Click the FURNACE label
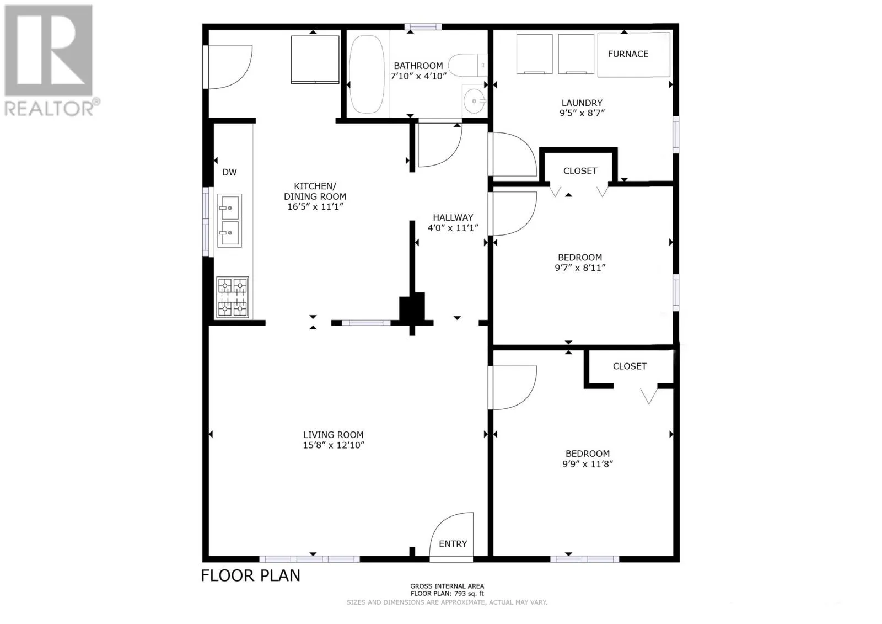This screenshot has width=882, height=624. coord(628,54)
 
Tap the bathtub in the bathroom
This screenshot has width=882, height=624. coord(367,74)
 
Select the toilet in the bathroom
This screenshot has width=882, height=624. coord(468,65)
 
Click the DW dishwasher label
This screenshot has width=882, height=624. coord(229,172)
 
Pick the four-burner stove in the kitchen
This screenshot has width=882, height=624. coord(232,297)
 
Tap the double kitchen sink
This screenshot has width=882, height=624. coord(229,220)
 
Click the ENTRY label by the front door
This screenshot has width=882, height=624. coord(453,544)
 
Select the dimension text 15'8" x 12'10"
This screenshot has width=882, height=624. coord(334,445)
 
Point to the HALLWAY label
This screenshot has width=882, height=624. coord(453,217)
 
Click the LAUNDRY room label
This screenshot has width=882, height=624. coord(582,103)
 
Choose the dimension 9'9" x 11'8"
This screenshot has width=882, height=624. coord(588,464)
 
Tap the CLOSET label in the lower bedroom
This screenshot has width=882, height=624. coord(630,366)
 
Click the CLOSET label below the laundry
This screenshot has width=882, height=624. coord(580,171)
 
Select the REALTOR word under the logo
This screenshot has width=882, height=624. coord(49,109)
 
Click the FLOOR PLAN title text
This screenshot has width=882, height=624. coord(250,575)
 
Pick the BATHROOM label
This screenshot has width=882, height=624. coord(418,66)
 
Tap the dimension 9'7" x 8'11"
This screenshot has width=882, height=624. coord(580,268)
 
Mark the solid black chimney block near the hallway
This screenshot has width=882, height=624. coord(412,306)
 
